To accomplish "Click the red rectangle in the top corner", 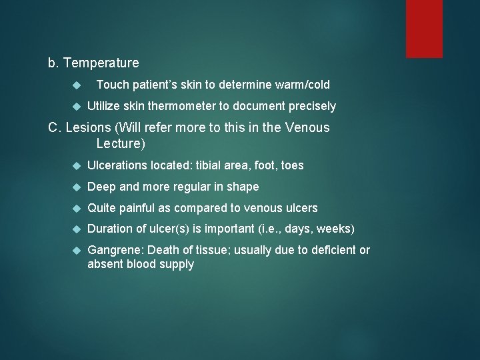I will pos(424,28).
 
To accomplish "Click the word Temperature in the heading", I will pos(101,63).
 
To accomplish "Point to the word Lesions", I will pos(88,127).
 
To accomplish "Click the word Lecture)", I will pos(121,143).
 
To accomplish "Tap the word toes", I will pos(292,165).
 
